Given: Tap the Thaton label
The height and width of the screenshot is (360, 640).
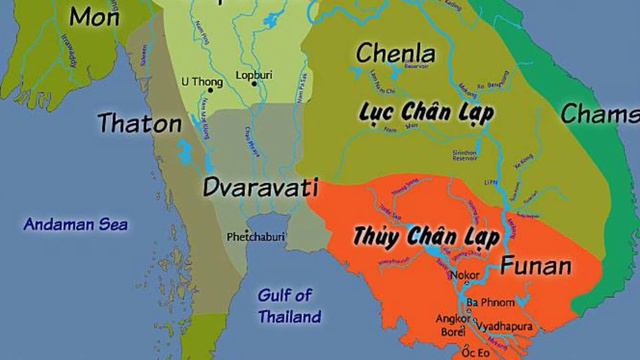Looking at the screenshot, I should pyautogui.click(x=140, y=124).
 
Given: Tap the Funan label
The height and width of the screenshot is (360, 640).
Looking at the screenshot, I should pyautogui.click(x=535, y=266).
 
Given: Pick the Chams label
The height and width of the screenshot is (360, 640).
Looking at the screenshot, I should pyautogui.click(x=599, y=114).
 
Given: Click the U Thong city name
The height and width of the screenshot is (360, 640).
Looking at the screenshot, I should pyautogui.click(x=201, y=81).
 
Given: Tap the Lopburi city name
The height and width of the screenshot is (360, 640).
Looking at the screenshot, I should pyautogui.click(x=254, y=74).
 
